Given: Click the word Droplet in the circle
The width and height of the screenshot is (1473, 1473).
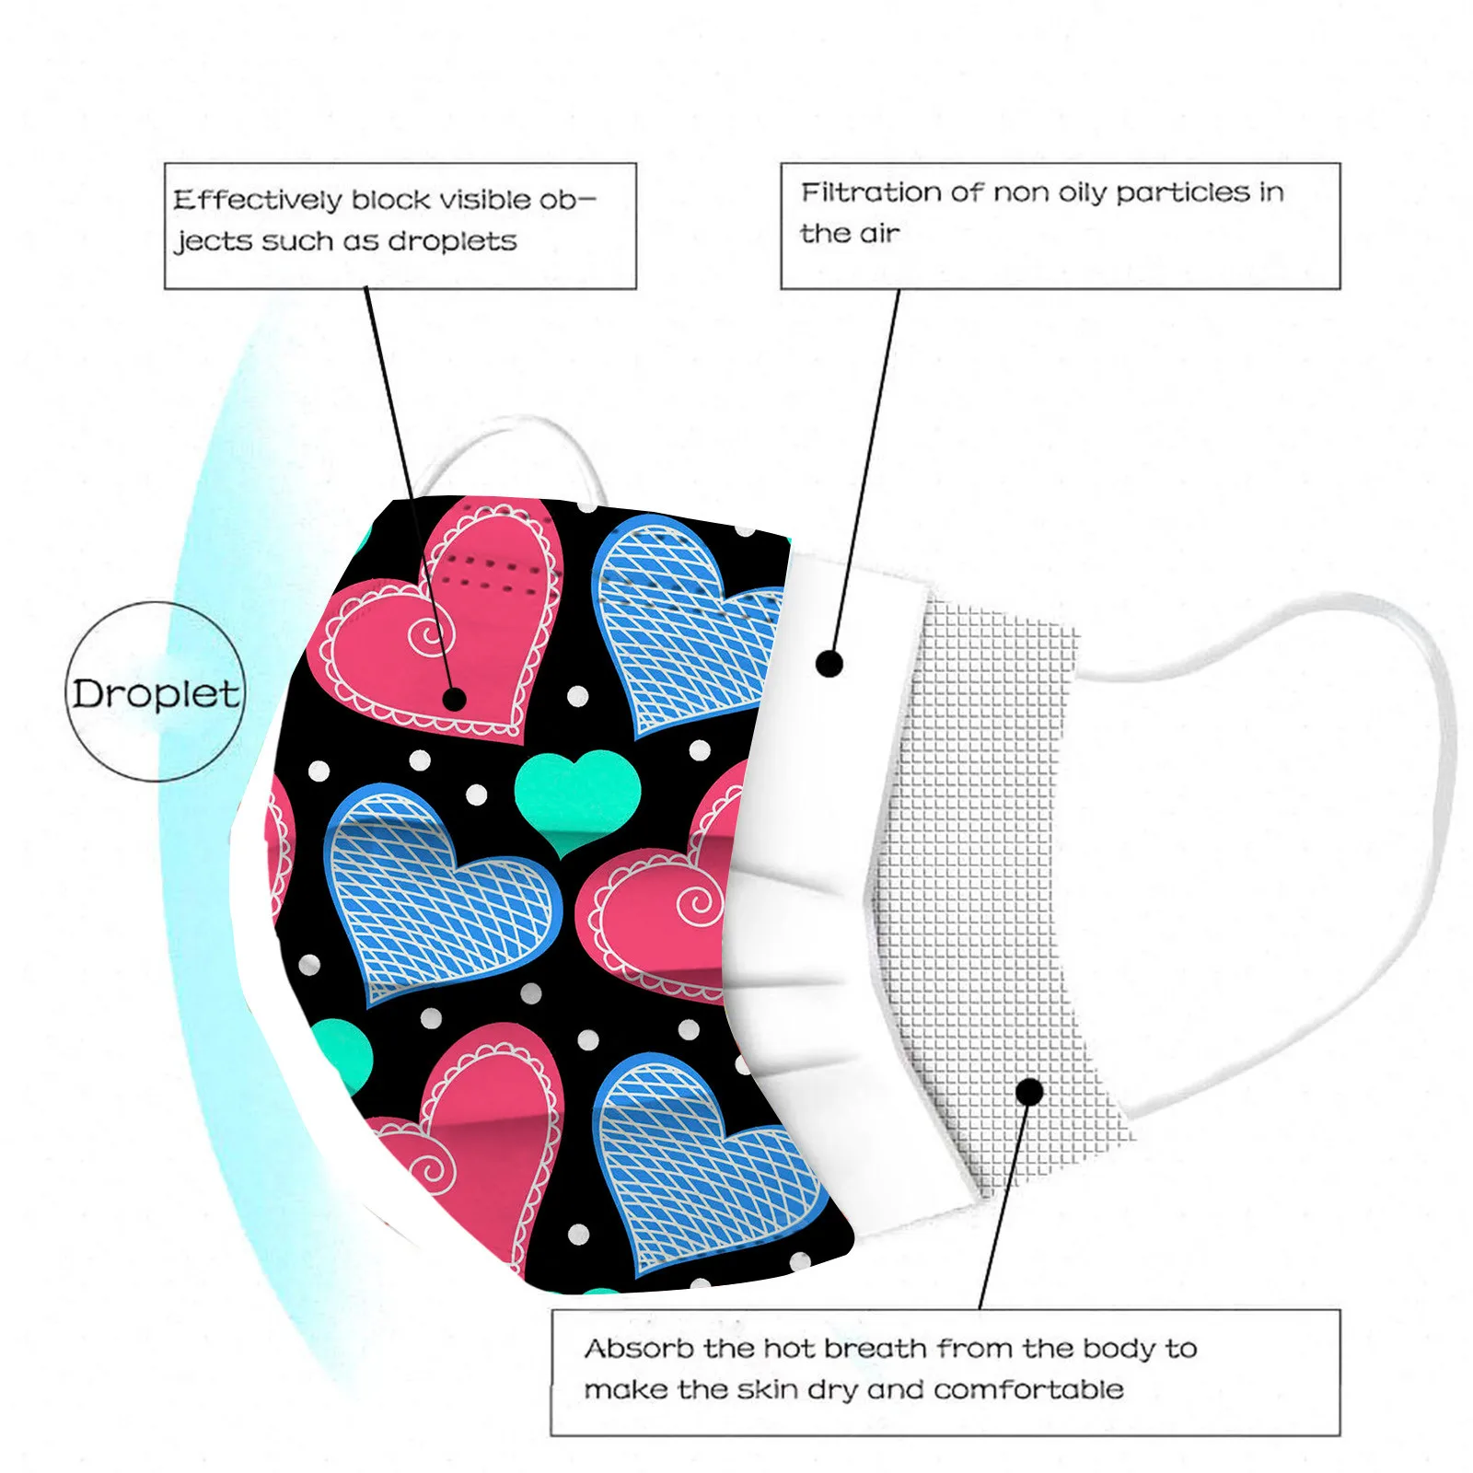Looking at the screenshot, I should tap(156, 693).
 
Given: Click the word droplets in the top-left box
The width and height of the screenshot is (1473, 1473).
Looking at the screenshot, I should tap(452, 241).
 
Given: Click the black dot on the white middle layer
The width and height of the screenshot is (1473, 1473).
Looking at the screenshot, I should tap(829, 663).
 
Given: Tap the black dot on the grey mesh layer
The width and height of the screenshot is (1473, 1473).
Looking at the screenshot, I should tap(1030, 1092).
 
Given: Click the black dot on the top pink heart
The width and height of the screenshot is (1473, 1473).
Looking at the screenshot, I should tap(454, 699).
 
